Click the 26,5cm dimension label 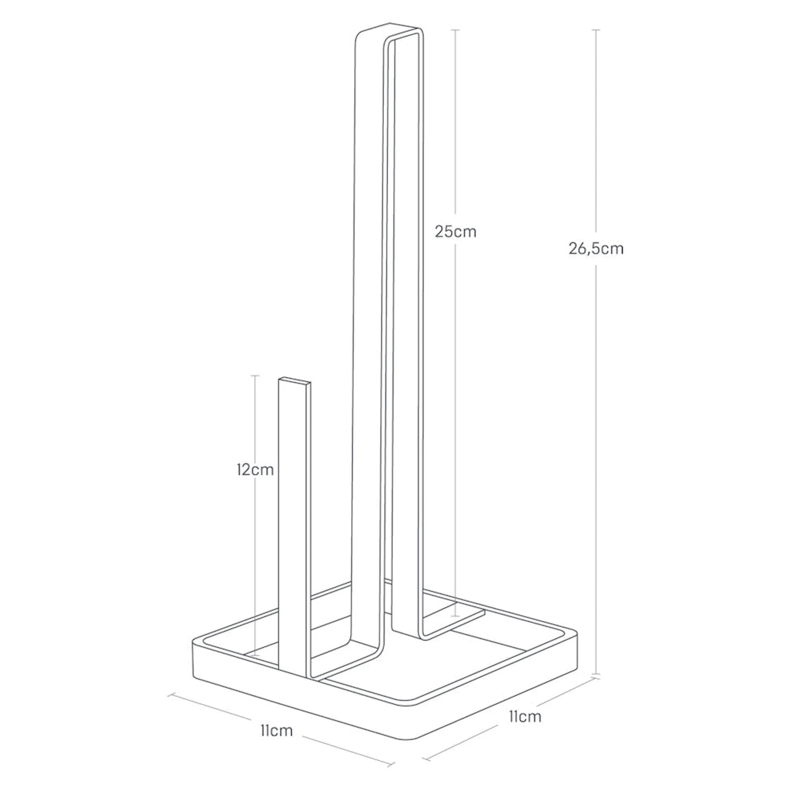click(x=596, y=248)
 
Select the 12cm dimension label click(x=255, y=470)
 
